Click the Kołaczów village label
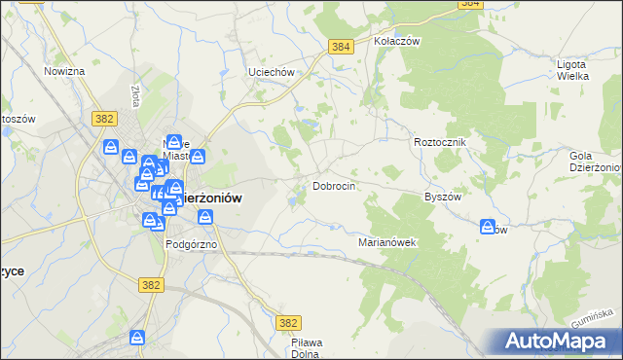pyautogui.click(x=396, y=42)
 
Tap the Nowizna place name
pyautogui.click(x=65, y=71)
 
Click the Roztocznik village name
pyautogui.click(x=441, y=142)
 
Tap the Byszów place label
pyautogui.click(x=442, y=196)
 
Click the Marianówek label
pyautogui.click(x=387, y=242)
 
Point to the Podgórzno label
pyautogui.click(x=190, y=244)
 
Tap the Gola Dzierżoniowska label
pyautogui.click(x=595, y=161)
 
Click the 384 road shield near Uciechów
pyautogui.click(x=340, y=47)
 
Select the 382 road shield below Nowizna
pyautogui.click(x=106, y=118)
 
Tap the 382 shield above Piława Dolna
pyautogui.click(x=288, y=322)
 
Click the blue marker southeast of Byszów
pyautogui.click(x=488, y=227)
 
